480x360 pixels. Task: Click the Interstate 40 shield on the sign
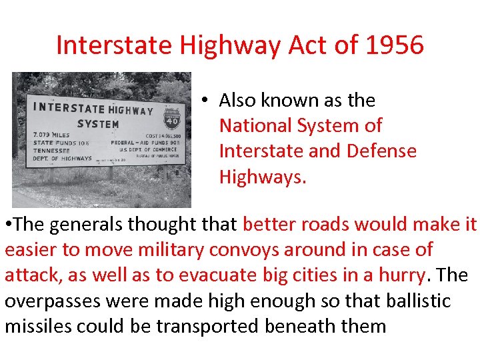(x=172, y=119)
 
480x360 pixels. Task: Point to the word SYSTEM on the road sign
(x=98, y=124)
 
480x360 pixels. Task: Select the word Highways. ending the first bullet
(x=262, y=176)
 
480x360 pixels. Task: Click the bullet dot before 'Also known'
(x=207, y=101)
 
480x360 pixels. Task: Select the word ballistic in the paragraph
(x=419, y=301)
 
